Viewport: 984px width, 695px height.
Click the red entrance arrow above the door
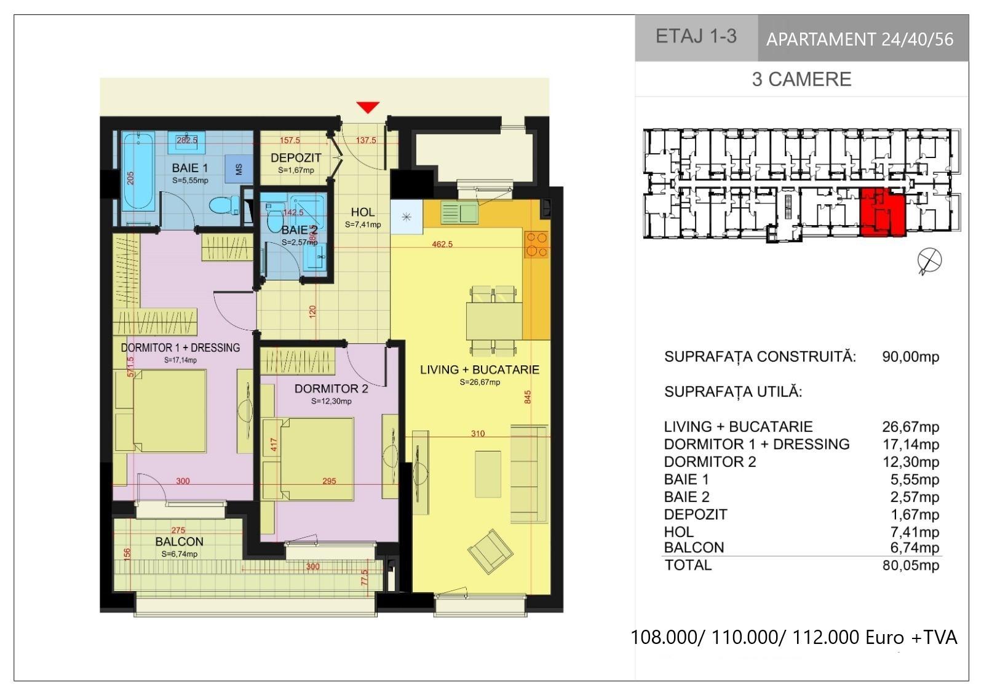(x=368, y=107)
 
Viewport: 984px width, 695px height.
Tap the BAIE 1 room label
(x=190, y=168)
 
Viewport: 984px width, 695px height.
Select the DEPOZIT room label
(x=296, y=157)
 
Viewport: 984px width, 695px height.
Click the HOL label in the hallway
(x=363, y=212)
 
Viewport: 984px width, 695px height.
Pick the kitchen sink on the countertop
(x=459, y=212)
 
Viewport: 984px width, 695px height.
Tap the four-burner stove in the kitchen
(x=537, y=244)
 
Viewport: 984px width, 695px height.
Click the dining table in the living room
(x=494, y=320)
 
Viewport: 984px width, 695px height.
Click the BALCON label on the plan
(x=179, y=542)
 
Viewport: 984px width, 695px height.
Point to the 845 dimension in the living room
(x=528, y=397)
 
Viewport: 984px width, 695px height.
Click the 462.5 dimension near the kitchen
(x=442, y=244)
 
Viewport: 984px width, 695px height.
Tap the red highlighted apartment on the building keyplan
(x=883, y=212)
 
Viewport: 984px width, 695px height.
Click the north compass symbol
(x=929, y=261)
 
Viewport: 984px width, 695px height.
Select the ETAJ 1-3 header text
(x=696, y=36)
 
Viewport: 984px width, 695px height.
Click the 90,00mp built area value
(x=911, y=357)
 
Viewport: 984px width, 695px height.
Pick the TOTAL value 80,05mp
(x=911, y=565)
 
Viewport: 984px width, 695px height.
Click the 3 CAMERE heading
(x=802, y=79)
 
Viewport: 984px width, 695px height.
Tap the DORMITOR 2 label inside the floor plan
(x=331, y=389)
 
